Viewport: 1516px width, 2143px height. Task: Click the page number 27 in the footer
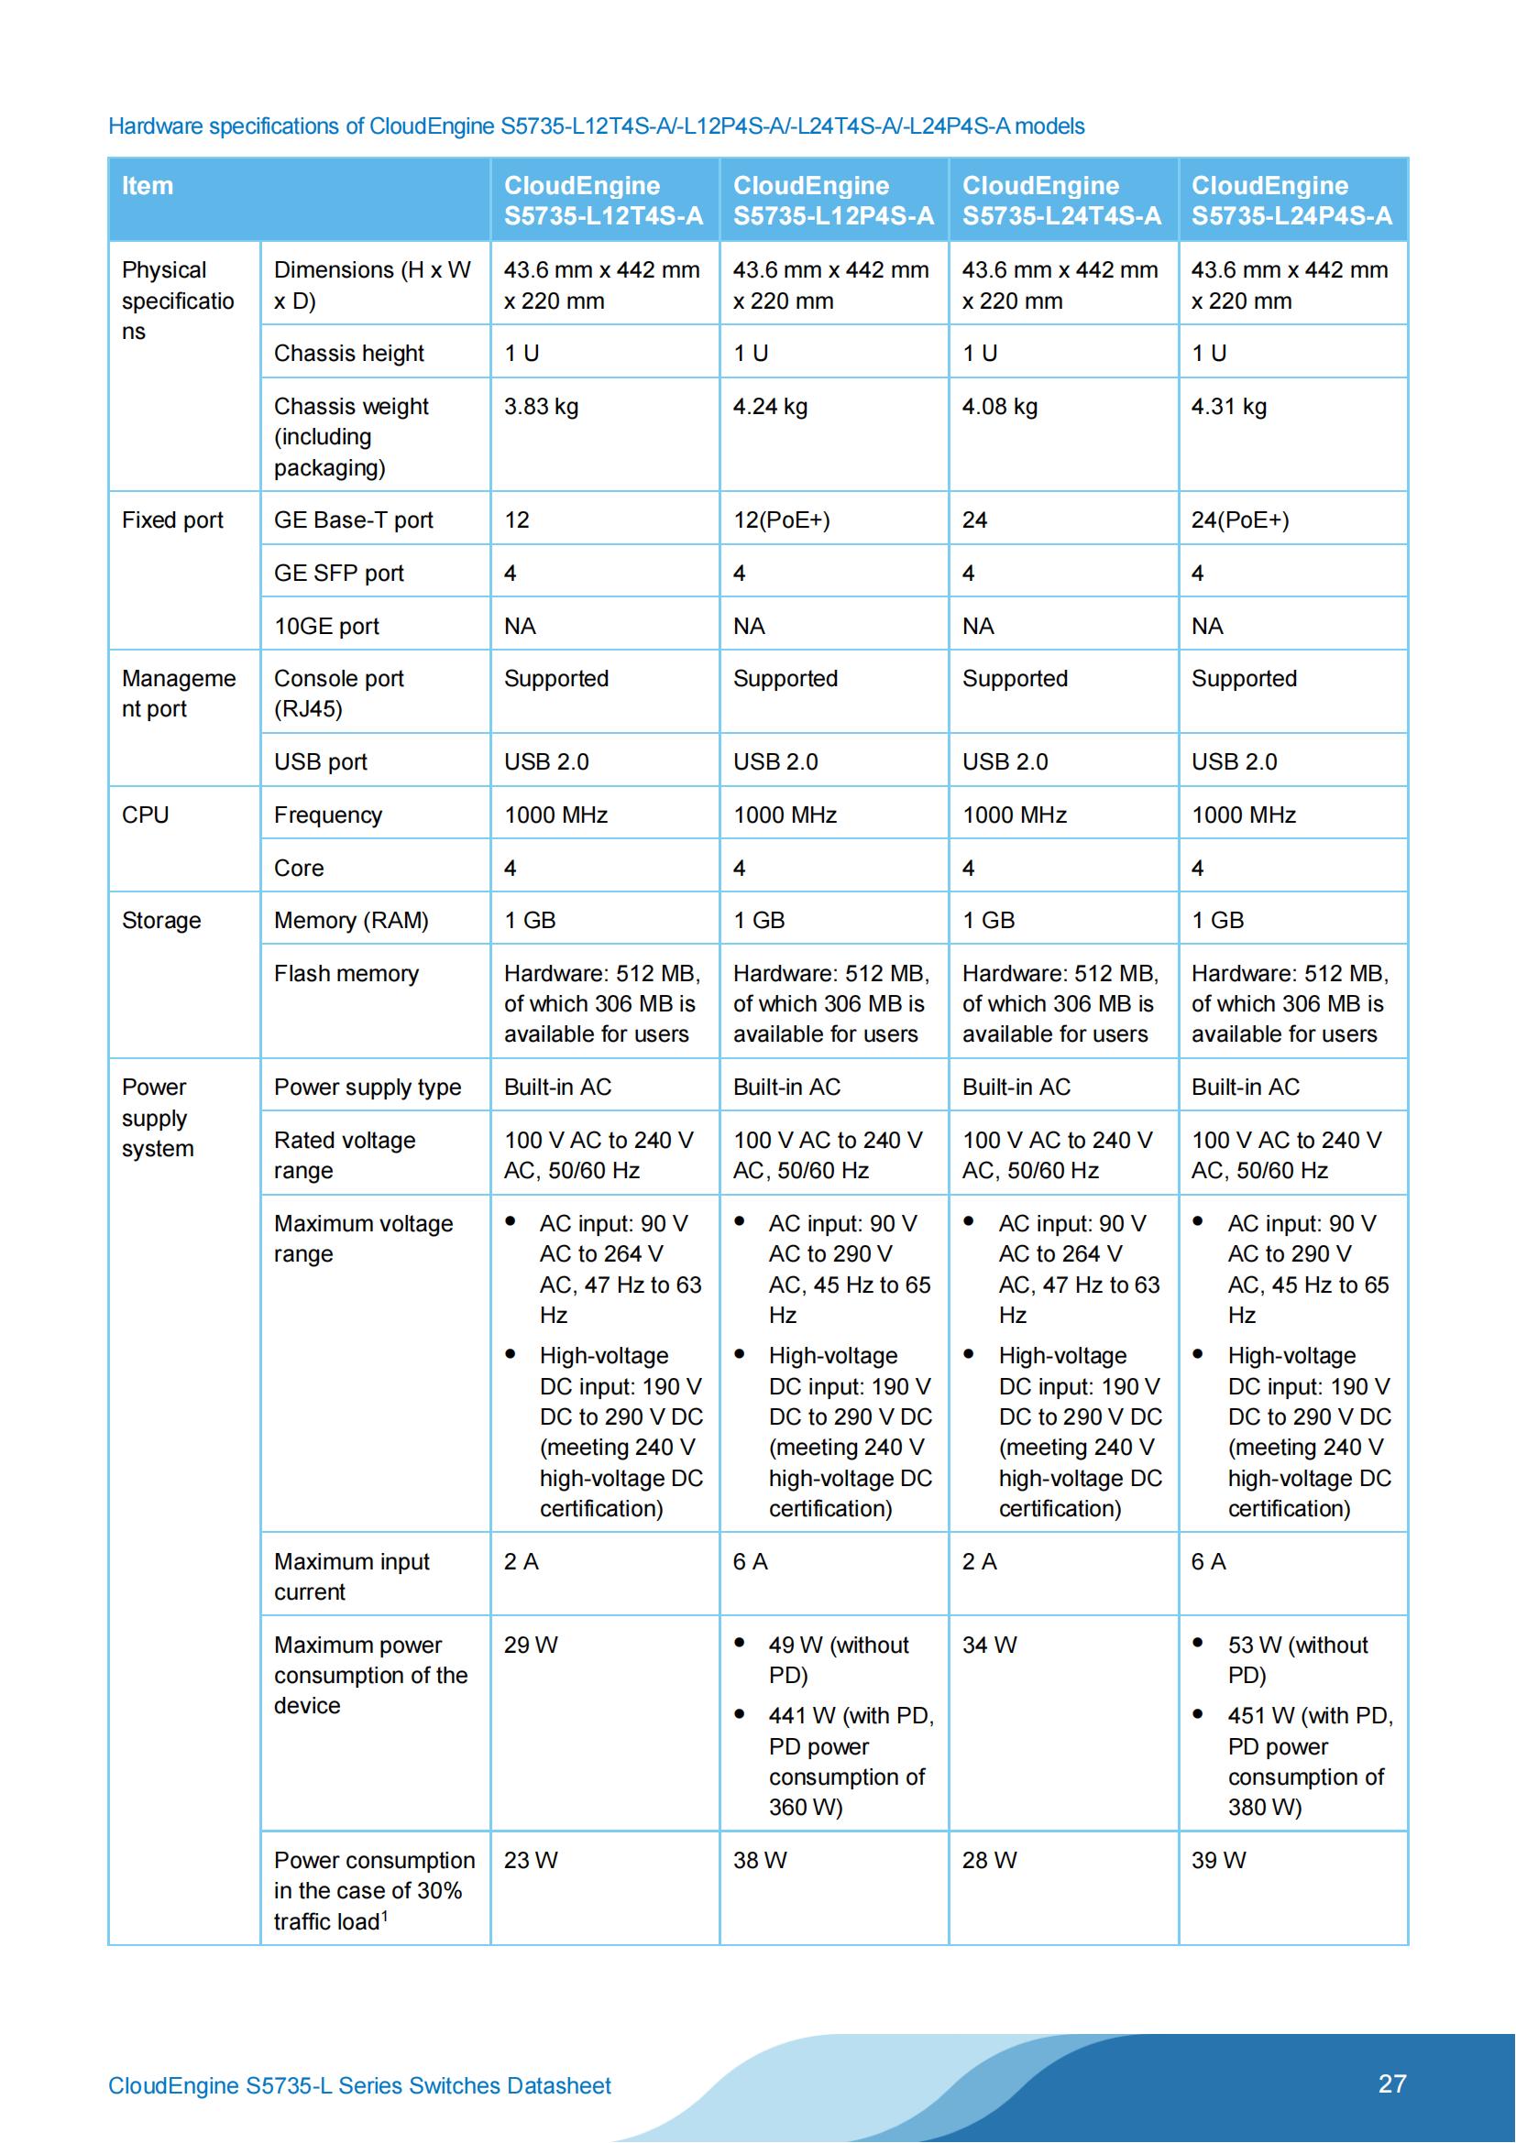click(1391, 2083)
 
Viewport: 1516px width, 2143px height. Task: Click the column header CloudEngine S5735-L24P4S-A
click(1291, 200)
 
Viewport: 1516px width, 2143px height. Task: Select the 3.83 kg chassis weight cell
click(542, 407)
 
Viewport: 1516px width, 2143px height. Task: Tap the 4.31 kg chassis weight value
click(1228, 407)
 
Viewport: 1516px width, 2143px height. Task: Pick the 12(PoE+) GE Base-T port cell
click(781, 519)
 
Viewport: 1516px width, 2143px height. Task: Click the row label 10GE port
click(326, 627)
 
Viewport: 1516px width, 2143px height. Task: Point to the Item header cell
click(148, 186)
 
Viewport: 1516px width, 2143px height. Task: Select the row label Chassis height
click(348, 354)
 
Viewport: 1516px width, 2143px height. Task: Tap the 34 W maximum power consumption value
click(989, 1645)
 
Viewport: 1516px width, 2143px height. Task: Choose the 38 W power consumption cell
click(760, 1860)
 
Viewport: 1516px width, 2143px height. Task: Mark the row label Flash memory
click(346, 974)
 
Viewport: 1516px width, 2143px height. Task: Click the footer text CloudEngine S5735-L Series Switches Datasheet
click(359, 2085)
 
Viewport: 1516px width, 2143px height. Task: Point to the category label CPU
click(146, 815)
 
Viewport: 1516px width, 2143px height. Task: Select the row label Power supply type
click(368, 1088)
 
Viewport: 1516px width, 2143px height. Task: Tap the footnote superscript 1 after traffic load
click(385, 1915)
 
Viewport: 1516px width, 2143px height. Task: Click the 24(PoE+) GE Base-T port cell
click(1240, 519)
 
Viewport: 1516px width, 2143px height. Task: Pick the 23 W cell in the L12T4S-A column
click(530, 1860)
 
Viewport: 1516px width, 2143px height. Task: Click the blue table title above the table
click(596, 126)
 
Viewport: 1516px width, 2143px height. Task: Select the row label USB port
click(320, 761)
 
